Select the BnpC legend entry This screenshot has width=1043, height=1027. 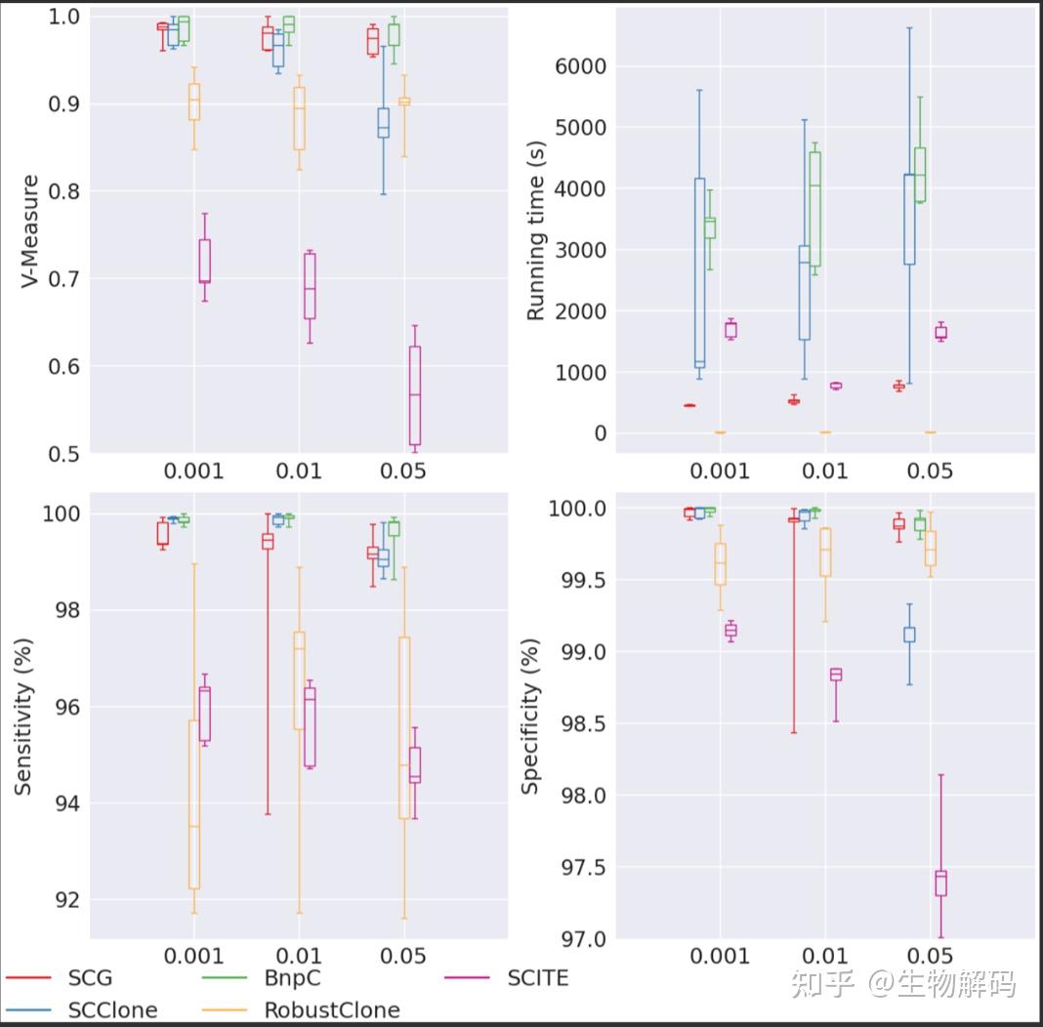(291, 977)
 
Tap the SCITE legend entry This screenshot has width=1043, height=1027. (537, 977)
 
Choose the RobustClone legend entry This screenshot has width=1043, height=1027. (331, 1009)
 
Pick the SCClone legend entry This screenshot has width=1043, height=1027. (112, 1009)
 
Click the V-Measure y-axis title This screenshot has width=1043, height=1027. (30, 231)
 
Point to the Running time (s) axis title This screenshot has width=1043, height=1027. (536, 230)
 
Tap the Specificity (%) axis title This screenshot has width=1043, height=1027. (530, 716)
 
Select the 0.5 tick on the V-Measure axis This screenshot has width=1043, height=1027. (64, 453)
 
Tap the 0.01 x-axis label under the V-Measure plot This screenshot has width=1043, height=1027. (299, 472)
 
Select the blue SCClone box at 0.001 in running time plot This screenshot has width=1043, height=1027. (699, 273)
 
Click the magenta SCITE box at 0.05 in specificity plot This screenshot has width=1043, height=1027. (940, 883)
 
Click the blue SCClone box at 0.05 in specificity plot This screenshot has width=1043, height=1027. (909, 635)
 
